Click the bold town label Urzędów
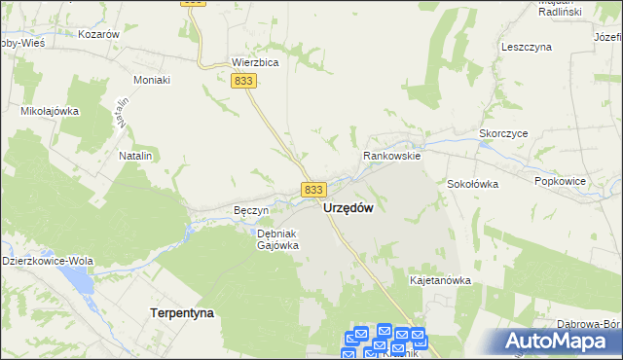[x=348, y=208]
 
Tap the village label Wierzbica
[x=255, y=62]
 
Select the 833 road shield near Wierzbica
[x=244, y=84]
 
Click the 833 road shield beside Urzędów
[x=312, y=190]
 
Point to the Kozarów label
[x=100, y=33]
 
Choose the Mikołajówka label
[x=50, y=111]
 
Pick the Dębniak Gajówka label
[x=276, y=239]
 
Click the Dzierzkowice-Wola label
[x=47, y=261]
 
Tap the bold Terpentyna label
[x=182, y=313]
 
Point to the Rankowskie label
[x=391, y=155]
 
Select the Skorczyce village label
[x=503, y=135]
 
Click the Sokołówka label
[x=473, y=183]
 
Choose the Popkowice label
[x=563, y=181]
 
